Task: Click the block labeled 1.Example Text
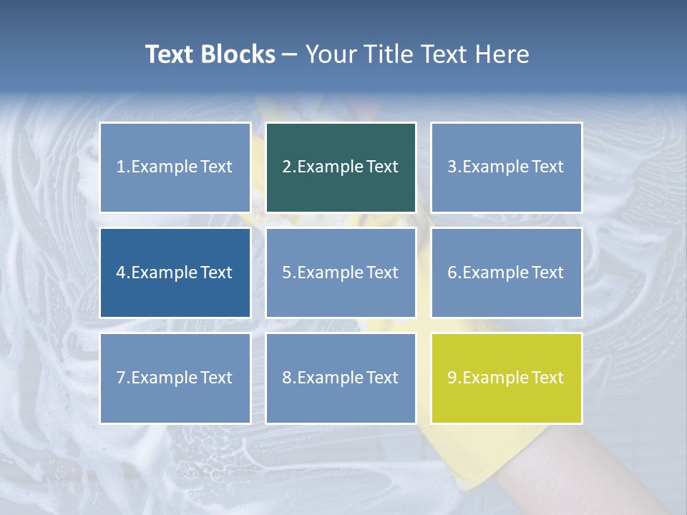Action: (175, 167)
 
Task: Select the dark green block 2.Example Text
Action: (341, 167)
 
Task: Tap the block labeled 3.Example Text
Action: (506, 167)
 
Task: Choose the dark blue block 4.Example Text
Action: (175, 273)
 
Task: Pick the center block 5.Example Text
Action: (341, 273)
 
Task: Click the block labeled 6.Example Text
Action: (506, 273)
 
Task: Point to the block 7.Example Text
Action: (175, 378)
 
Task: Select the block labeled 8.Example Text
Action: (341, 378)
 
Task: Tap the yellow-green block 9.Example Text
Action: (506, 378)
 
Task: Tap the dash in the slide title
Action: (290, 55)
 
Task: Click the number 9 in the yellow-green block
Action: (452, 378)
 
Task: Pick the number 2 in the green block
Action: (286, 167)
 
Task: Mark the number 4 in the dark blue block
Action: (121, 273)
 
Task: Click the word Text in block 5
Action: (383, 273)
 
